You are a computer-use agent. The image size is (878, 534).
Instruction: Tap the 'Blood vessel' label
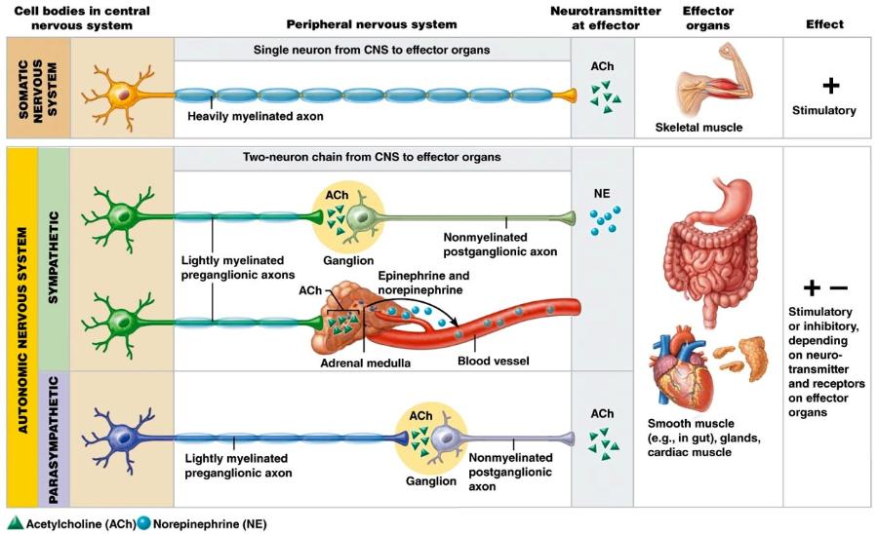point(493,361)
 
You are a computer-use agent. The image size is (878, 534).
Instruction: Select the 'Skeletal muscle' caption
point(699,128)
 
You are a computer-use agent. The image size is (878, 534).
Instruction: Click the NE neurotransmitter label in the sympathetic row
point(602,194)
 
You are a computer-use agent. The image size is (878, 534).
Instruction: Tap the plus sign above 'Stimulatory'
point(830,86)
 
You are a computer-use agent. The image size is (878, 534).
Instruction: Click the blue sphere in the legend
point(144,523)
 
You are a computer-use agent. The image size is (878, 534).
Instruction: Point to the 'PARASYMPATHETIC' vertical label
point(55,438)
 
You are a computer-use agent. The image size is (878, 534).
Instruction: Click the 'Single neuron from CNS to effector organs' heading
point(371,50)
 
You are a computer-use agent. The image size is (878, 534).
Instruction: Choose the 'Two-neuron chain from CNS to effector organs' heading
point(371,157)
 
